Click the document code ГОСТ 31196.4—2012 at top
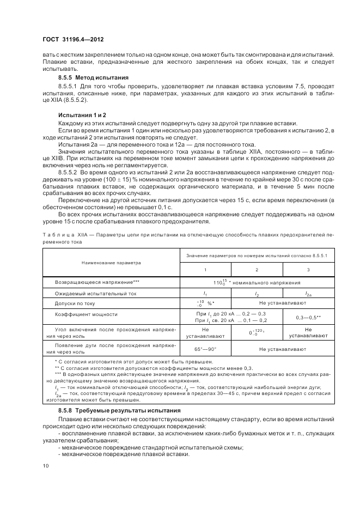click(74, 40)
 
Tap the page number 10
click(45, 465)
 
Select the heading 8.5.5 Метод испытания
click(93, 77)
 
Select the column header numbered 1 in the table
click(205, 270)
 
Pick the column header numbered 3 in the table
click(308, 270)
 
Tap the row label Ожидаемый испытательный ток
click(96, 293)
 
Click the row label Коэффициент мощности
click(86, 314)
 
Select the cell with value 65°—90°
click(205, 349)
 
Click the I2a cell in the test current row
click(308, 294)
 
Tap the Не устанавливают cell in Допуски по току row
click(282, 303)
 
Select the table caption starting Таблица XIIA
click(180, 236)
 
